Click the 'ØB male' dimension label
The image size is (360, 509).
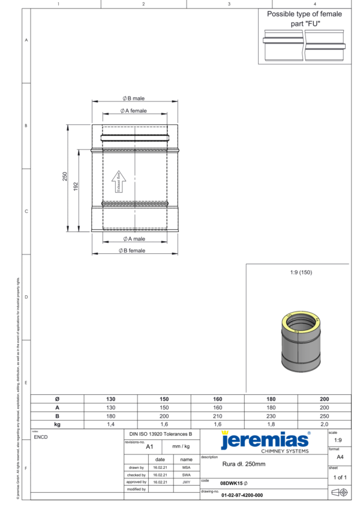click(x=133, y=98)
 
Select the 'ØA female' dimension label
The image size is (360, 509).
click(x=133, y=110)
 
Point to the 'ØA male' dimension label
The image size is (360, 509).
click(x=133, y=239)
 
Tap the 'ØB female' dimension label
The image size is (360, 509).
click(x=133, y=250)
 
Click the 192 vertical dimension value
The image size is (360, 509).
click(x=76, y=188)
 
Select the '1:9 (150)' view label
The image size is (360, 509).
click(x=301, y=273)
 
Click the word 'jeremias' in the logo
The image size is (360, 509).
click(x=264, y=441)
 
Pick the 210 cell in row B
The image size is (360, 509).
click(x=217, y=415)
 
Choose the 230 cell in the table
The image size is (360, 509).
click(x=271, y=415)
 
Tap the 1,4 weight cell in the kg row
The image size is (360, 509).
click(x=110, y=424)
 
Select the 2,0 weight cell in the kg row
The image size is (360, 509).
click(x=324, y=424)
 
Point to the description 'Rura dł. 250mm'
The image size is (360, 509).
click(x=244, y=464)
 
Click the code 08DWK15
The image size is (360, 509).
click(x=232, y=483)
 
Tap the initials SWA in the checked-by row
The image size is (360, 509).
click(x=186, y=474)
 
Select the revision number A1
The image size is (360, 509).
click(x=150, y=447)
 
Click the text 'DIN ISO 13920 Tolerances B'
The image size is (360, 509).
click(x=161, y=433)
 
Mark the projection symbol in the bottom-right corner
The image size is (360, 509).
click(x=340, y=492)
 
